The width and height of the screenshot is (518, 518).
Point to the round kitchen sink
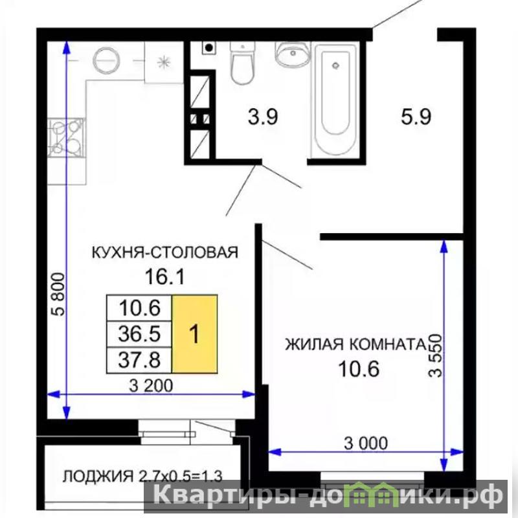106,61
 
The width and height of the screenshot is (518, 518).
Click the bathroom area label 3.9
263,117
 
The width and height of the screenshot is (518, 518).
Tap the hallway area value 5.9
416,117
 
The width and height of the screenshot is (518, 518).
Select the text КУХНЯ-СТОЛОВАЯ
164,252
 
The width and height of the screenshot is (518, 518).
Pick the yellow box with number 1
195,334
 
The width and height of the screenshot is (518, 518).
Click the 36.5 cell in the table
139,333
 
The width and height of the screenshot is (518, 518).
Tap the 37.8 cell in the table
139,360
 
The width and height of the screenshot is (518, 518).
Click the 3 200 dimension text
151,385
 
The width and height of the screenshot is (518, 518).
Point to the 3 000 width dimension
366,443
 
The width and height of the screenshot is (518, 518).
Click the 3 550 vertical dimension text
434,355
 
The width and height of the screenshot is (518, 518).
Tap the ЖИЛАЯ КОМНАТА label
355,344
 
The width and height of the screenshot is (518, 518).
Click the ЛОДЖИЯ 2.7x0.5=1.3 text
142,476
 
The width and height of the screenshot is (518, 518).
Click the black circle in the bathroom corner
208,48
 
